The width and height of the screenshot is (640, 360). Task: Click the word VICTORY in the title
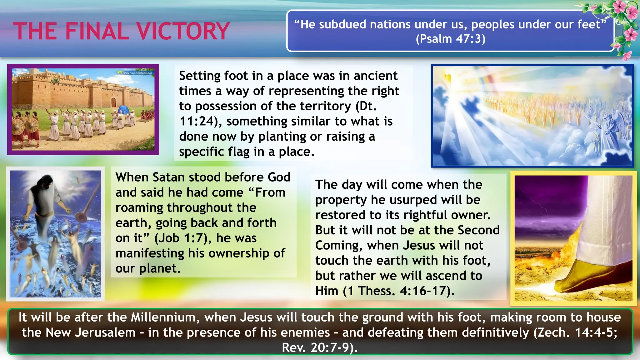click(183, 31)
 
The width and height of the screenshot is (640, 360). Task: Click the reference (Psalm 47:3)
click(450, 39)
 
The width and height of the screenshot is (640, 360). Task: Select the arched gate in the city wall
click(113, 102)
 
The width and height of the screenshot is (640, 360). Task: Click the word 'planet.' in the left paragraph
click(160, 268)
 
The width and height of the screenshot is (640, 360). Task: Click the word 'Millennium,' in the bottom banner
click(165, 317)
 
